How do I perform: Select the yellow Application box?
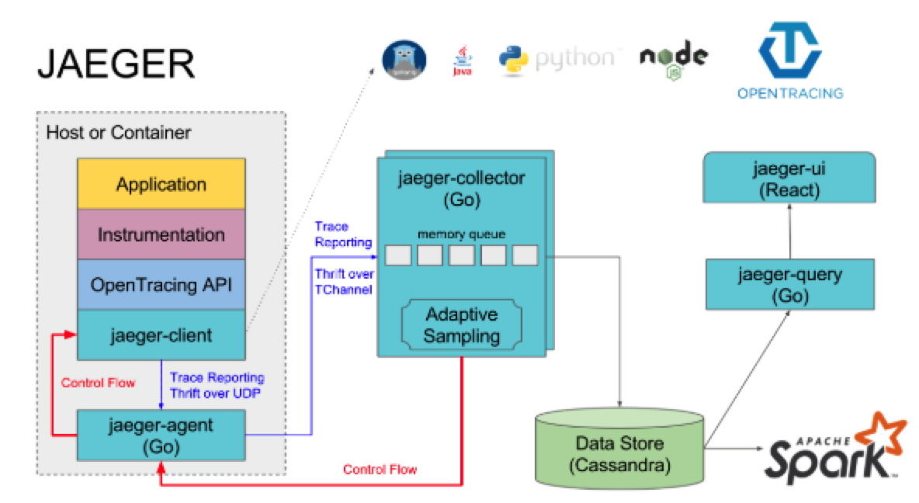(161, 185)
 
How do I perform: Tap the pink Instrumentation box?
(161, 234)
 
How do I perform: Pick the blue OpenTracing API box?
(161, 285)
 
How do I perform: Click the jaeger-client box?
(161, 335)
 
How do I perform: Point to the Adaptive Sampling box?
(462, 325)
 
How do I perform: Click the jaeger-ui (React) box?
(789, 179)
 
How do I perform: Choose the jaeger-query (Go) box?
(789, 285)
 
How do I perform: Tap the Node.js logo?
(673, 60)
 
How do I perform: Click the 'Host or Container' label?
(118, 133)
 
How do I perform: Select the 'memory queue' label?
(461, 233)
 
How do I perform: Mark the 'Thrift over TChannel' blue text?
(344, 281)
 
